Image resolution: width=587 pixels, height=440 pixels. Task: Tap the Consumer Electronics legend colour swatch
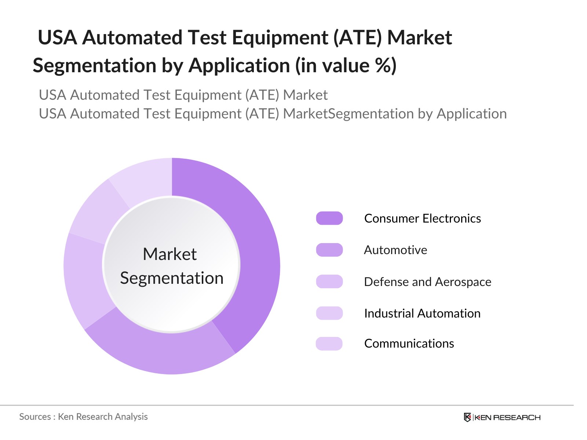point(329,218)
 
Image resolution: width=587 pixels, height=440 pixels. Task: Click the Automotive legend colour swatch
point(329,250)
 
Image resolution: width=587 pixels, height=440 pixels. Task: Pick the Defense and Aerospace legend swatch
point(329,282)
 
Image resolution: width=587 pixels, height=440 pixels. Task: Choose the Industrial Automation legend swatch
point(329,313)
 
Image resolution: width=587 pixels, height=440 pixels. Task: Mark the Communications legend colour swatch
point(329,344)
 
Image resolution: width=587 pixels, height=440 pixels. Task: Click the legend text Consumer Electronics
point(422,219)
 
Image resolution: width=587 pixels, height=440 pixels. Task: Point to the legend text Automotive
point(395,250)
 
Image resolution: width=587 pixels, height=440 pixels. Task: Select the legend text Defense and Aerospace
point(427,282)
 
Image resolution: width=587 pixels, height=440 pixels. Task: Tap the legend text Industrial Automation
point(422,313)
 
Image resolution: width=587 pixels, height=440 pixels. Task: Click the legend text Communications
point(409,344)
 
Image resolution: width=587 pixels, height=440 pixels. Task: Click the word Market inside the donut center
point(169,254)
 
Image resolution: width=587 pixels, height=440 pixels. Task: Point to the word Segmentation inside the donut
point(172,278)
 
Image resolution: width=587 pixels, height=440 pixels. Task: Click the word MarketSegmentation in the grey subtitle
point(349,114)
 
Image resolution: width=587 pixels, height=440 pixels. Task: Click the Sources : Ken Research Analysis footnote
point(83,417)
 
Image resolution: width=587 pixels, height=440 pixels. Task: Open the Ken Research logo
point(502,417)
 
